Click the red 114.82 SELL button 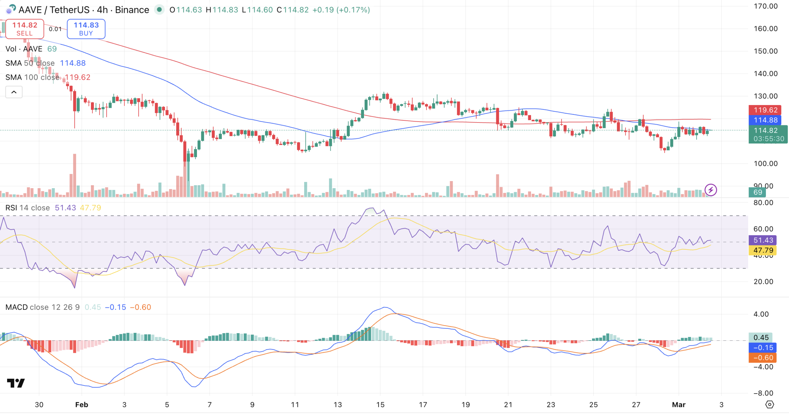(25, 29)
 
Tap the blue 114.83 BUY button (86, 29)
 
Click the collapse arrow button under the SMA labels (14, 92)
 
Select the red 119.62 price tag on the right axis (765, 110)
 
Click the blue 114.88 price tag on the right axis (765, 120)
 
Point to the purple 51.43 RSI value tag (763, 240)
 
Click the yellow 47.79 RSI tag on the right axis (763, 250)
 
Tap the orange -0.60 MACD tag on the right (763, 358)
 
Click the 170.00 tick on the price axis (765, 6)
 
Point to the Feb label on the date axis (82, 405)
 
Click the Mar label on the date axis (678, 405)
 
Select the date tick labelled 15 (380, 405)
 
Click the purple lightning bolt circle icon (711, 190)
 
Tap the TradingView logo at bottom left (16, 383)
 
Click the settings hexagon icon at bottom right (770, 405)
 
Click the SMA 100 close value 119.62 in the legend (77, 77)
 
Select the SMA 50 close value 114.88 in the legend (73, 63)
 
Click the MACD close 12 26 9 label (43, 307)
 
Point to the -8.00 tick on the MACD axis (763, 393)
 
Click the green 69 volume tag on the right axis (758, 192)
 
